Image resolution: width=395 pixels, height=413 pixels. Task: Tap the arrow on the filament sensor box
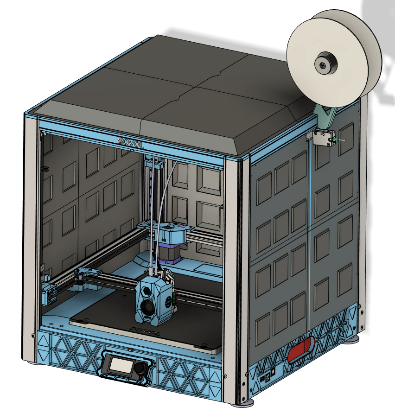click(322, 135)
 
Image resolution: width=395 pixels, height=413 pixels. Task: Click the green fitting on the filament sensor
click(336, 140)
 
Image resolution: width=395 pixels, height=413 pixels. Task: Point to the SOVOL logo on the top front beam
click(130, 143)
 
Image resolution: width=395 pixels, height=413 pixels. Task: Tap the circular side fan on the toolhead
click(168, 300)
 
